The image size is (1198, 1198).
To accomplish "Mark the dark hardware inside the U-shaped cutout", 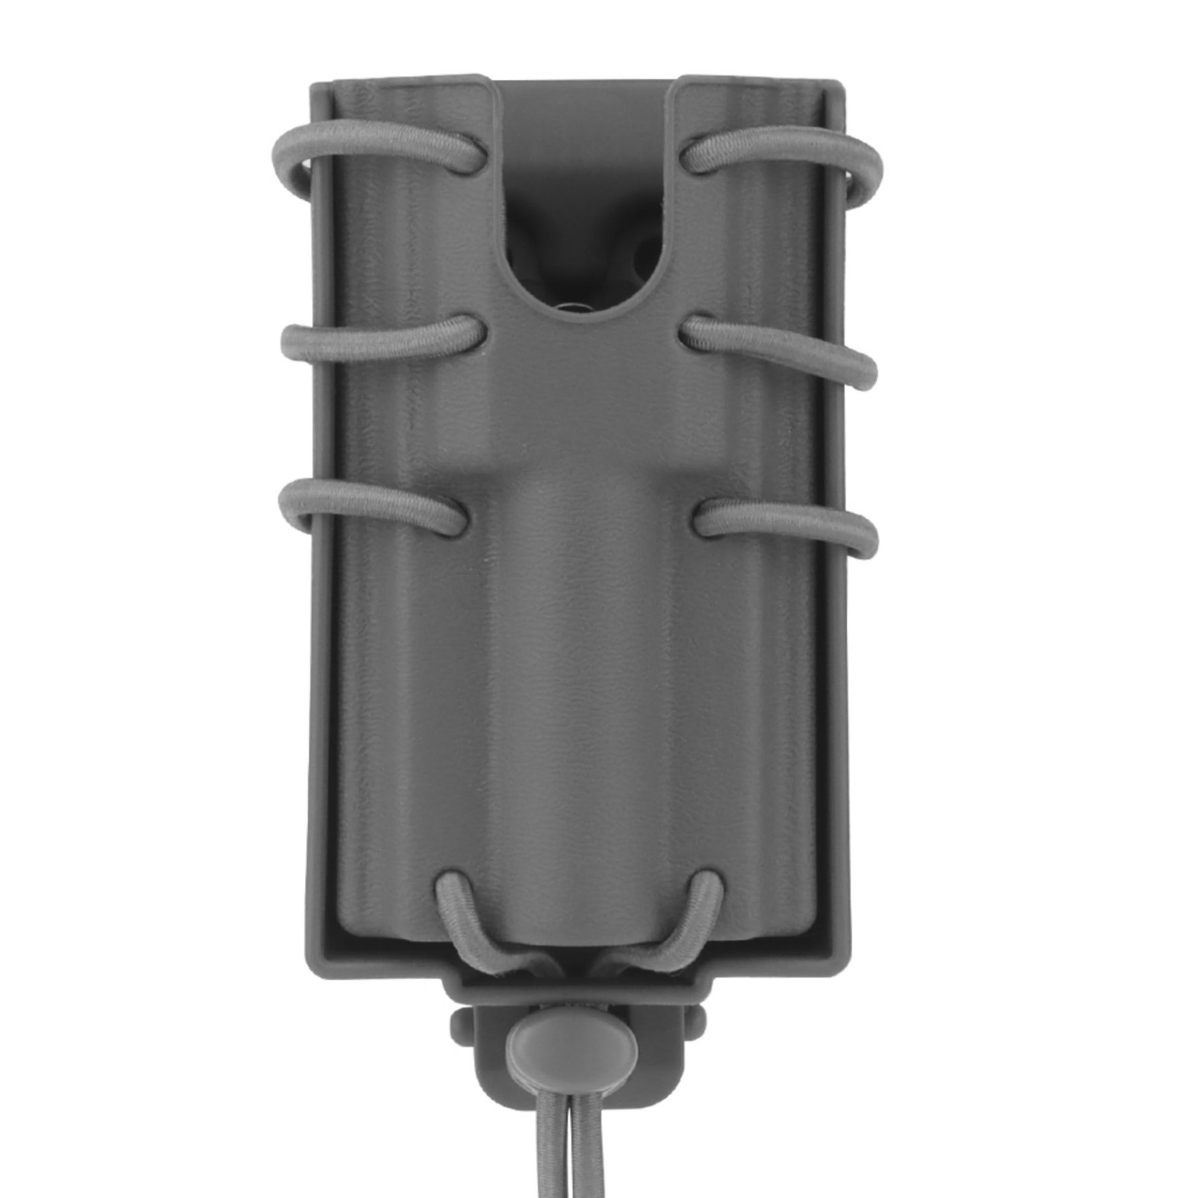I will (x=579, y=280).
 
